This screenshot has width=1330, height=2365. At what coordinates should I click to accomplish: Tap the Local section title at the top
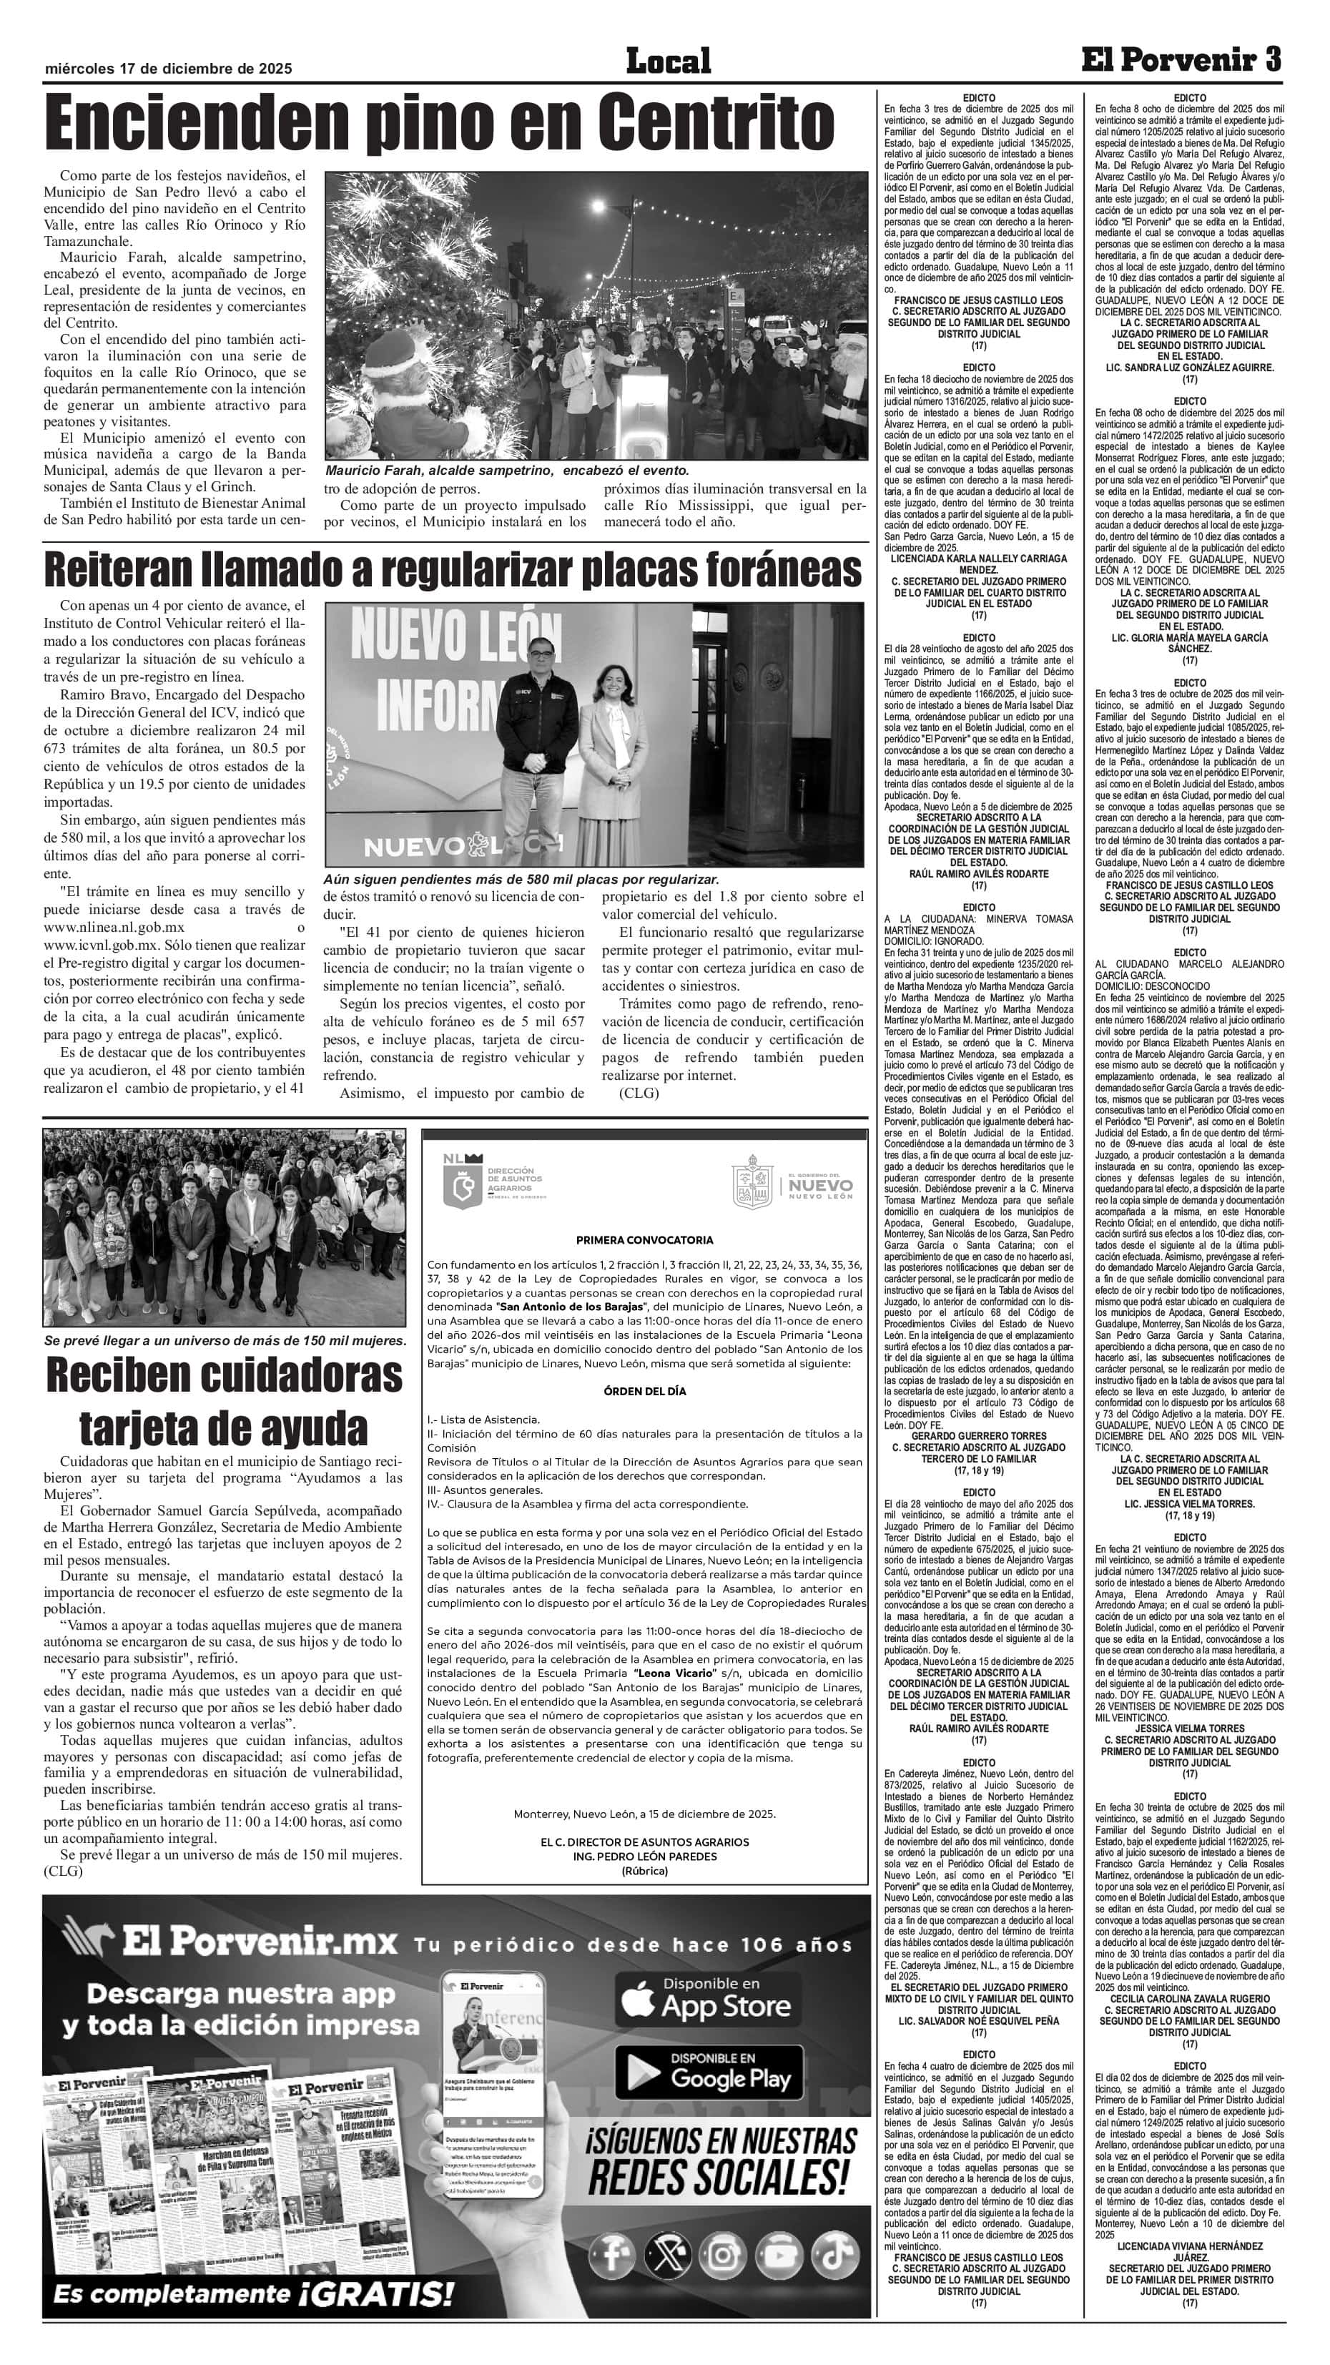click(x=668, y=62)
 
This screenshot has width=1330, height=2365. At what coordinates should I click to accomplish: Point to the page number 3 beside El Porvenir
click(x=1272, y=61)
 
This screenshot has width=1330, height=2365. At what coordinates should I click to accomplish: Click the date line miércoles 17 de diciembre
click(x=168, y=69)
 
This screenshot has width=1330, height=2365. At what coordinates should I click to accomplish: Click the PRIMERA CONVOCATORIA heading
click(x=644, y=1240)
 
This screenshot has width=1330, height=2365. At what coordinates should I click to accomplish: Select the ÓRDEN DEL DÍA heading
click(x=644, y=1391)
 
